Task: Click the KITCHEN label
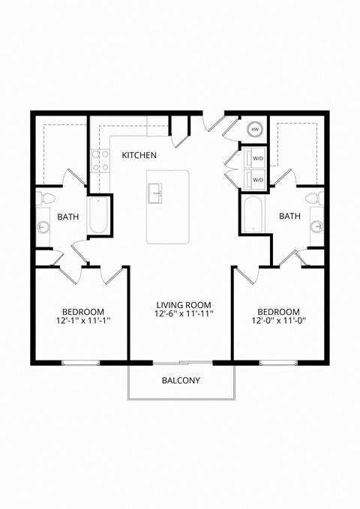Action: (139, 155)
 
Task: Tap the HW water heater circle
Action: (255, 129)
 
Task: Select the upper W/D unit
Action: (254, 158)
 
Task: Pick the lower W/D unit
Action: (254, 180)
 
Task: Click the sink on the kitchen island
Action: (157, 193)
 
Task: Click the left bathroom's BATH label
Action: (68, 217)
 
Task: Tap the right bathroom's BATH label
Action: (289, 217)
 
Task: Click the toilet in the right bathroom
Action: (316, 199)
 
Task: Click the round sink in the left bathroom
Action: (43, 226)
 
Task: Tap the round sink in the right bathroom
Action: (316, 226)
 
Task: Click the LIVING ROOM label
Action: (184, 305)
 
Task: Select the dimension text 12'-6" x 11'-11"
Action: (184, 315)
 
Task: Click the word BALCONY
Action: (181, 380)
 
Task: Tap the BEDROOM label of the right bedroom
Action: (278, 311)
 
